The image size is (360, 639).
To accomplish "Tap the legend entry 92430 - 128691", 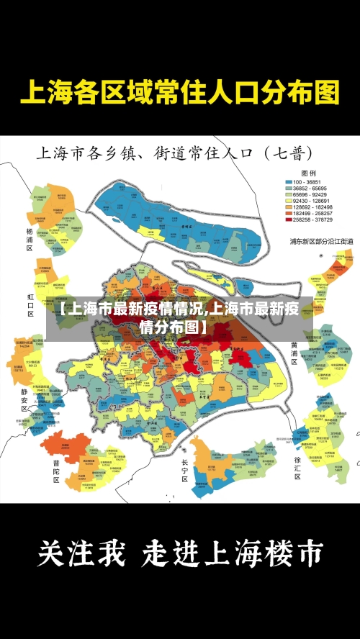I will (307, 201).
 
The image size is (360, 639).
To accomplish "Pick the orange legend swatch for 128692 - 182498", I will (289, 208).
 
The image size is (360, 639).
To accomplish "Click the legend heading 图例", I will (308, 173).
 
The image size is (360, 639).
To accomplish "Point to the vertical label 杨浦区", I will (30, 240).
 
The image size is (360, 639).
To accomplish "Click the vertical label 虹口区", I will (30, 304).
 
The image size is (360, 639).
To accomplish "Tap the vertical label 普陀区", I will (55, 472).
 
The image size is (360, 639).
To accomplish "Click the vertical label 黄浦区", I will (294, 353).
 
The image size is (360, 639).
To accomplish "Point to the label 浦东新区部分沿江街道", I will (321, 241).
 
